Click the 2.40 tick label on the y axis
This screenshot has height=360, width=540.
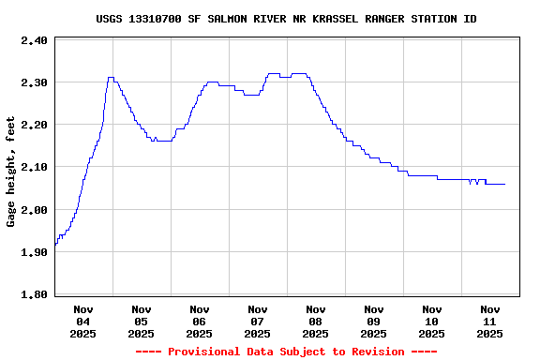coord(34,40)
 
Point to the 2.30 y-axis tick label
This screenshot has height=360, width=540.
coord(34,82)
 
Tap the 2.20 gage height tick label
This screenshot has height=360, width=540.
coord(34,125)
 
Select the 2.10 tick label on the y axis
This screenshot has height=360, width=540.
coord(34,167)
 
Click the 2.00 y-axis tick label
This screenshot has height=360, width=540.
coord(34,210)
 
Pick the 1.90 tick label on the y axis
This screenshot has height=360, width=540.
coord(34,252)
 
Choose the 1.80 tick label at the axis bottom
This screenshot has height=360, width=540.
coord(34,294)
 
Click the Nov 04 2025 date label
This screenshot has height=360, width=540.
coord(83,321)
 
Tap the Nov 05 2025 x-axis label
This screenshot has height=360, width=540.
coord(142,321)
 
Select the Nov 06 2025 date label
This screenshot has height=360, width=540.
coord(200,321)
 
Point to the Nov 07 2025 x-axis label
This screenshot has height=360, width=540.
coord(258,321)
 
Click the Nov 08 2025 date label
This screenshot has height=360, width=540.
coord(316,321)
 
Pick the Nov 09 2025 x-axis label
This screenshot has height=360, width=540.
coord(374,321)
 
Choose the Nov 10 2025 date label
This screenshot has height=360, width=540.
coord(432,321)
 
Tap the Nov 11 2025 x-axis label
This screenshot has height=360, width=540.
coord(490,321)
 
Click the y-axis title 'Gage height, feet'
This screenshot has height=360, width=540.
coord(11,172)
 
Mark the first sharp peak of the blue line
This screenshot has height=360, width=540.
coord(111,78)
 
